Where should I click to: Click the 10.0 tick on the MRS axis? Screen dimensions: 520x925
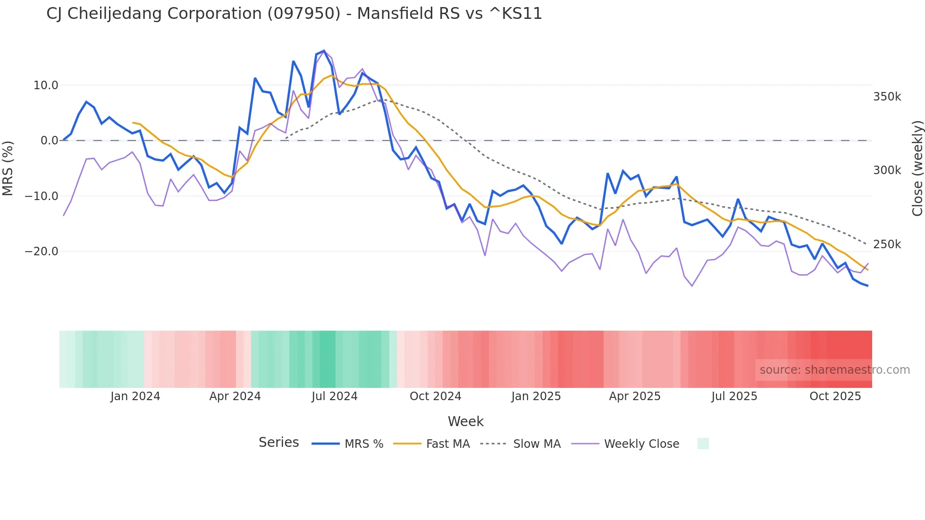(45, 85)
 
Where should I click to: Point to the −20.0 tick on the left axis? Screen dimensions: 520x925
(42, 252)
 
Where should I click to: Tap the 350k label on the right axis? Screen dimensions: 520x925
(887, 97)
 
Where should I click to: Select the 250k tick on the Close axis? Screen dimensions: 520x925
(887, 244)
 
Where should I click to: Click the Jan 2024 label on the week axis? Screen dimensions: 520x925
(135, 396)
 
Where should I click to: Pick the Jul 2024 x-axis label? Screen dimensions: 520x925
(334, 396)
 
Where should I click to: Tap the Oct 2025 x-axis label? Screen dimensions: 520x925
(835, 396)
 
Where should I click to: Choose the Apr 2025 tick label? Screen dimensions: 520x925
(634, 396)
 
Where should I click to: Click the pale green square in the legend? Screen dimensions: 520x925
(703, 444)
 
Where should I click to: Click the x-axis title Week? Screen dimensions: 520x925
(465, 421)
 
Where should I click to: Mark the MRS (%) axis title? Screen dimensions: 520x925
(8, 168)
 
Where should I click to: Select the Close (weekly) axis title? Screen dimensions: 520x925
(917, 168)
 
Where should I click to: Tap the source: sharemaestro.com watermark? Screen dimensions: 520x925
(834, 370)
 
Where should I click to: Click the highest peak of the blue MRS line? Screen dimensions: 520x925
(324, 50)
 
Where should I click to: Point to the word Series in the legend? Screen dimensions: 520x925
(278, 443)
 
